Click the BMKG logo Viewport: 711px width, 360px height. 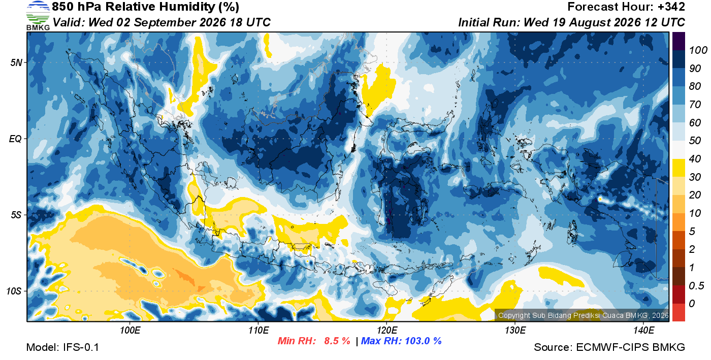coord(38,16)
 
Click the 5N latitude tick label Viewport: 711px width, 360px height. coord(16,62)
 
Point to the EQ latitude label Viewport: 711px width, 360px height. coord(15,139)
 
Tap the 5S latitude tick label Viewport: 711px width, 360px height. coord(16,215)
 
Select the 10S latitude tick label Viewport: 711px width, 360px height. coord(14,291)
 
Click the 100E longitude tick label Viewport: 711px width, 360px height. coord(130,330)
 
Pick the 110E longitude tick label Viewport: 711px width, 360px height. coord(258,330)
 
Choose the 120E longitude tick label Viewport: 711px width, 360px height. coord(386,330)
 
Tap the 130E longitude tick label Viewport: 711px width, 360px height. coord(515,330)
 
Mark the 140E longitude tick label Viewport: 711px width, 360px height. coord(643,330)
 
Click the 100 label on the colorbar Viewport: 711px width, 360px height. coord(698,50)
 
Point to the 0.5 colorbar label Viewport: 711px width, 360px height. coord(696,286)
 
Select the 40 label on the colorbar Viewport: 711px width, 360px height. coord(695,159)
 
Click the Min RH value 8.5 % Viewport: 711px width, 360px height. coord(337,341)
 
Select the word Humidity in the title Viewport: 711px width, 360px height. coord(187,7)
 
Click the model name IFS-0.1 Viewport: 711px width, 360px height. coord(81,347)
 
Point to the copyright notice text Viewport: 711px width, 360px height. coord(584,315)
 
